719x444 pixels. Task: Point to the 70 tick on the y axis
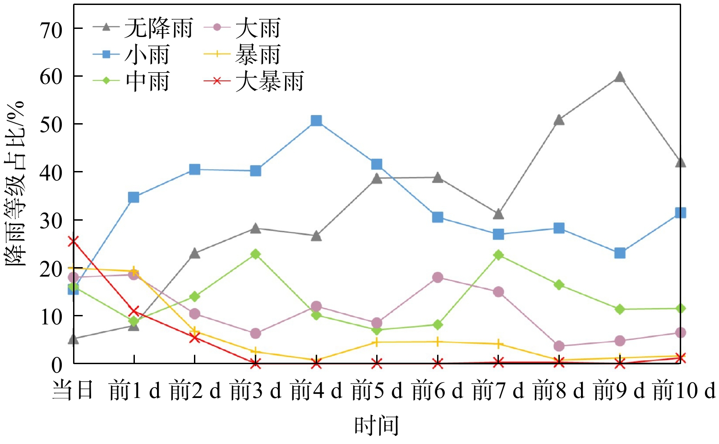[51, 30]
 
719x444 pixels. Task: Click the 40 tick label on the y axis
[51, 172]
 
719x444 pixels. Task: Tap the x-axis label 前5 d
[377, 390]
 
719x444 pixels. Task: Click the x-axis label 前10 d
[684, 390]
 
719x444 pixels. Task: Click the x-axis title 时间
[377, 425]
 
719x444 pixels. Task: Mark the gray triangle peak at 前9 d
[620, 77]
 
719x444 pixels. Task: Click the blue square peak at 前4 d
[316, 120]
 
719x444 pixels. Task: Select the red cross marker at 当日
[73, 241]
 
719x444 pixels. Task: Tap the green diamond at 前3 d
[255, 254]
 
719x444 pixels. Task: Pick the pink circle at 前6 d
[438, 277]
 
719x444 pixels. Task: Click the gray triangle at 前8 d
[559, 120]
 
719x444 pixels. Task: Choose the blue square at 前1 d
[134, 197]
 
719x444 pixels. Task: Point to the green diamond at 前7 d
[498, 255]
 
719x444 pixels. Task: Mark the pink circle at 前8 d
[559, 346]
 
